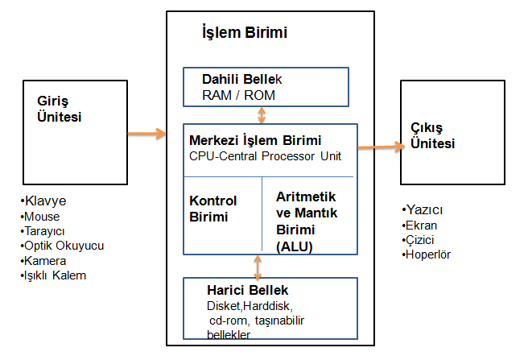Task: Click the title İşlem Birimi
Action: pyautogui.click(x=244, y=33)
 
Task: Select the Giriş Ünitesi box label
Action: pyautogui.click(x=60, y=109)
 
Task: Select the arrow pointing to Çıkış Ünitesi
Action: pyautogui.click(x=380, y=147)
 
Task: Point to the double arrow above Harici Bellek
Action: pyautogui.click(x=258, y=265)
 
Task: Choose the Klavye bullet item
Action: pyautogui.click(x=47, y=201)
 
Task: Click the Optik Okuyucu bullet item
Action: pyautogui.click(x=64, y=246)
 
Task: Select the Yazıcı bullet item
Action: pyautogui.click(x=424, y=210)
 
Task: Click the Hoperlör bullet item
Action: pyautogui.click(x=428, y=254)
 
